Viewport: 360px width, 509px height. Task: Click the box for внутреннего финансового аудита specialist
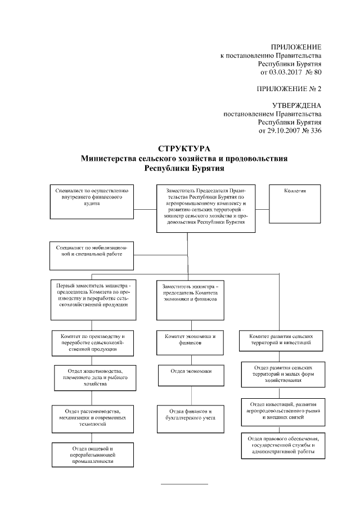92,200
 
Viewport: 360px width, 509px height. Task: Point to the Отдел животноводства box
93,379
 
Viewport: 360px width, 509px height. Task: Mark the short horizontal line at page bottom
184,484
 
